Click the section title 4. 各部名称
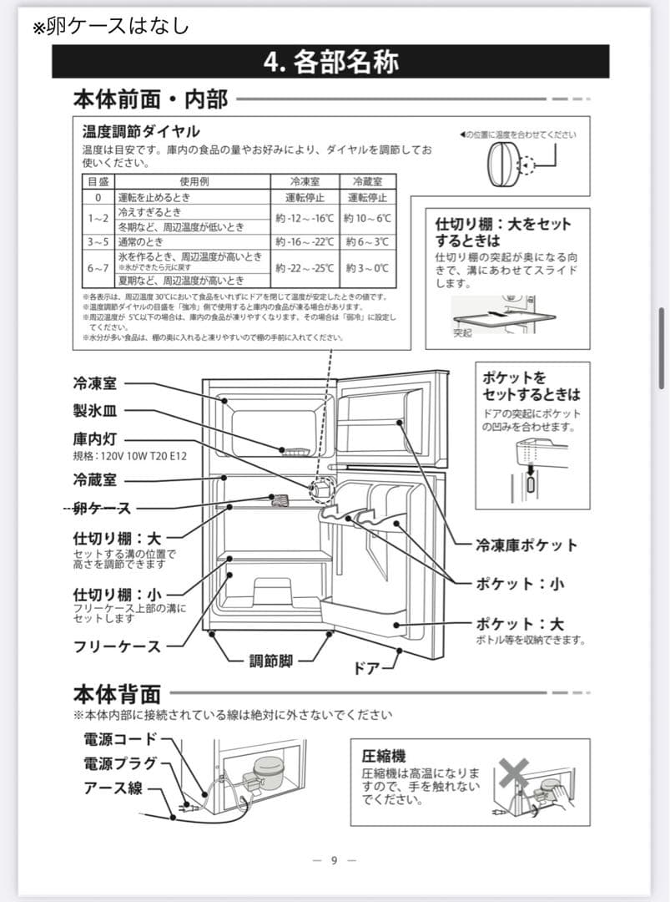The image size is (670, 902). (330, 63)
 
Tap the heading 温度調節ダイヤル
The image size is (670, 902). (141, 132)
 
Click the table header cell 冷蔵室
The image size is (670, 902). (368, 181)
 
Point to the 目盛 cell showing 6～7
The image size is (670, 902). (98, 268)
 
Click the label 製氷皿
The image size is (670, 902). (95, 411)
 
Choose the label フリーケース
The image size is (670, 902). (116, 646)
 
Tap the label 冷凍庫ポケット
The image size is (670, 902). (526, 545)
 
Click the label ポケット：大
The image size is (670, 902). (520, 624)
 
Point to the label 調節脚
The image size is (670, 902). (271, 661)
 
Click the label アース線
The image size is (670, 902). (113, 788)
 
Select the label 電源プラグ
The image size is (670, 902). (120, 763)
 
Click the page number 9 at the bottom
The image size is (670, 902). (334, 861)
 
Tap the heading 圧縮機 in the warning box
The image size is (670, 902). (384, 756)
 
